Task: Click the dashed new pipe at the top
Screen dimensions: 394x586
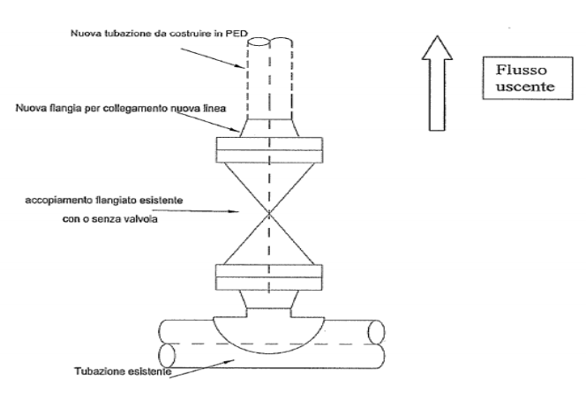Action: [268, 71]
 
